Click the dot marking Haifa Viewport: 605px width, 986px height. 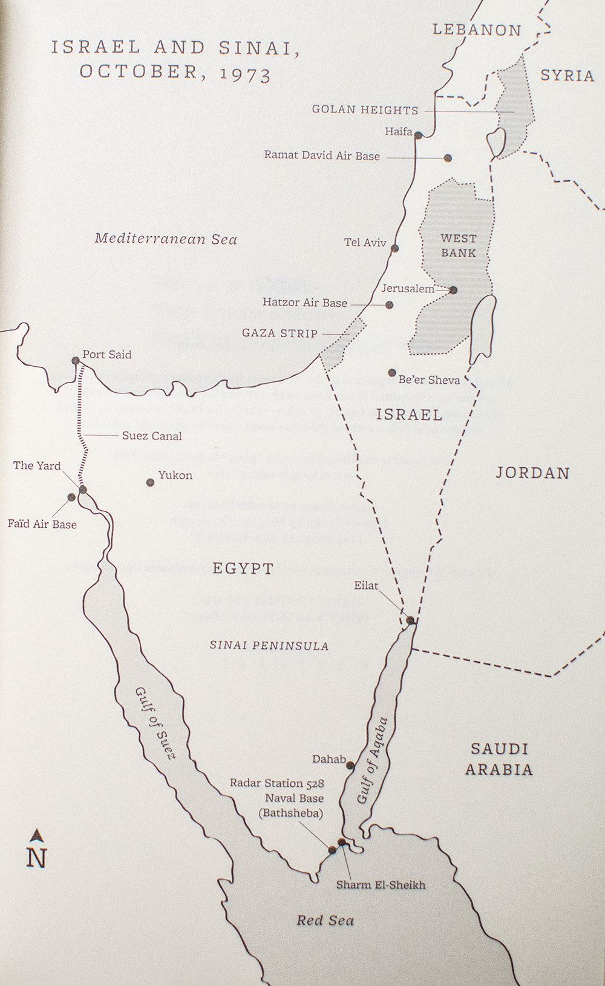tap(418, 136)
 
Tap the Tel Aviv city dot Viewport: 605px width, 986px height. tap(394, 248)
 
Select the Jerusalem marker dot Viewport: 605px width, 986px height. tap(453, 290)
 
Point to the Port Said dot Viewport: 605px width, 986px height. tap(76, 361)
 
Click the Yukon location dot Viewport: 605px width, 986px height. tap(150, 482)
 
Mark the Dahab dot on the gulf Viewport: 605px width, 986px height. tap(350, 766)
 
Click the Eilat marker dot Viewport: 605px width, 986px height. tap(410, 620)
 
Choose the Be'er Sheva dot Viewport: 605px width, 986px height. tap(392, 373)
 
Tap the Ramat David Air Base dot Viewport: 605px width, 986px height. tap(448, 158)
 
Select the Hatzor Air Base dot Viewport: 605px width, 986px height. tap(390, 305)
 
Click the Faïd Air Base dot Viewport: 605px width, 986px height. tap(71, 498)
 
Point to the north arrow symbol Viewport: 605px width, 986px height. tap(37, 835)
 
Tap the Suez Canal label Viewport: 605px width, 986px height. tap(151, 436)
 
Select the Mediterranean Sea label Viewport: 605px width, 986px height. tap(166, 239)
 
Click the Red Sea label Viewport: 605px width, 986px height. tap(325, 921)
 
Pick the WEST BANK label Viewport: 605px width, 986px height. tap(458, 246)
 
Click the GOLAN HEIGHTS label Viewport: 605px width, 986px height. tap(365, 110)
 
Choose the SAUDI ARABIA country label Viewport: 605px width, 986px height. tap(499, 759)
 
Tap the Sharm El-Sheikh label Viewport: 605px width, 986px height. tap(381, 885)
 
